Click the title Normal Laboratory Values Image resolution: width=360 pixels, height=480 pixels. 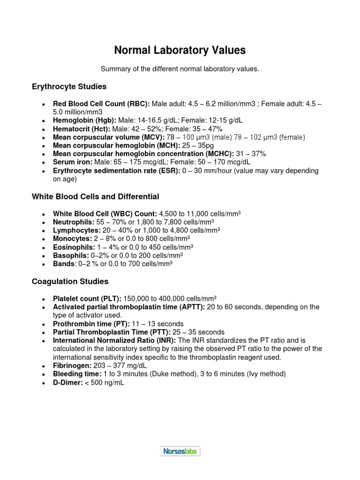(x=180, y=50)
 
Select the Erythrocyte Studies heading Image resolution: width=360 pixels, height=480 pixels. (x=69, y=87)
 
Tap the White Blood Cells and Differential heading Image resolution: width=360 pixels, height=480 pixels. (x=95, y=196)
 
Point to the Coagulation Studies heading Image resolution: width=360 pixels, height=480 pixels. (x=70, y=281)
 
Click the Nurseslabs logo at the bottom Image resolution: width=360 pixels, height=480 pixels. (x=180, y=451)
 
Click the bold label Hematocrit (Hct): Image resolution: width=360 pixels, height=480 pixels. (x=82, y=128)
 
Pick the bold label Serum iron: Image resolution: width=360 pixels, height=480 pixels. (x=73, y=162)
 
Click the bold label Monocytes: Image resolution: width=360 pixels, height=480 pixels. (x=73, y=239)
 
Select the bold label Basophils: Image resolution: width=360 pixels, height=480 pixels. (x=71, y=255)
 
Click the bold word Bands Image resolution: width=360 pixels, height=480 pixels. (x=63, y=264)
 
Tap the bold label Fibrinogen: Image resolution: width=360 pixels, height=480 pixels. (x=73, y=365)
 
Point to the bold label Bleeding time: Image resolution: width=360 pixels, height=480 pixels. (x=77, y=374)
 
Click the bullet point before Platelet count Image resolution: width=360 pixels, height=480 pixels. (x=44, y=299)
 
